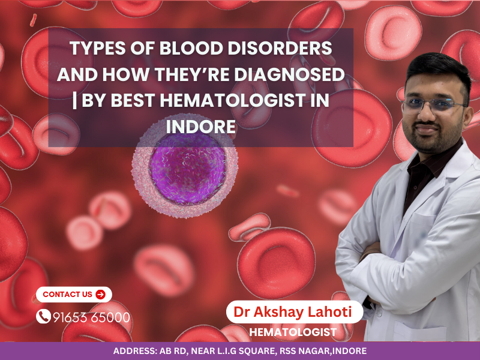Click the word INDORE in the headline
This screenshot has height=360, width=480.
tap(200, 127)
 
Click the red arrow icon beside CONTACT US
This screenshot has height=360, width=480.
tap(100, 294)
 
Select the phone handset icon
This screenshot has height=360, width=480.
tap(43, 316)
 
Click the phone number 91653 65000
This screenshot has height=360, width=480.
tap(91, 317)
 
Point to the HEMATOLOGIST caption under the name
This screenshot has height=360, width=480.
tap(293, 332)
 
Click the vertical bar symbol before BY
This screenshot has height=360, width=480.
tap(74, 101)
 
